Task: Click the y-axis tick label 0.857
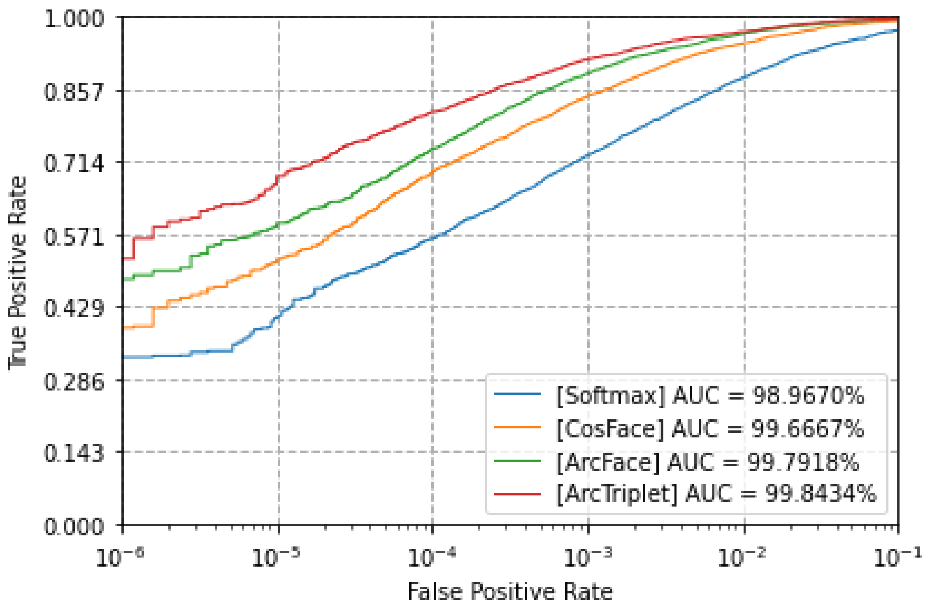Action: pyautogui.click(x=74, y=91)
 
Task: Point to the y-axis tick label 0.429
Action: pyautogui.click(x=74, y=308)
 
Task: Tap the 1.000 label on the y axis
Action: pyautogui.click(x=74, y=19)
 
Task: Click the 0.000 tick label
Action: pyautogui.click(x=74, y=526)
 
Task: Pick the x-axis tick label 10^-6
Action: pyautogui.click(x=119, y=558)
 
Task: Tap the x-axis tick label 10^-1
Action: pyautogui.click(x=897, y=558)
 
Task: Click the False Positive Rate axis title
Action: pyautogui.click(x=510, y=592)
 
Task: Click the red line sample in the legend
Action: pyautogui.click(x=517, y=493)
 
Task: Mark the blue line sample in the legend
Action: pyautogui.click(x=517, y=394)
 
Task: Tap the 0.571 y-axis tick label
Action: pyautogui.click(x=74, y=237)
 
